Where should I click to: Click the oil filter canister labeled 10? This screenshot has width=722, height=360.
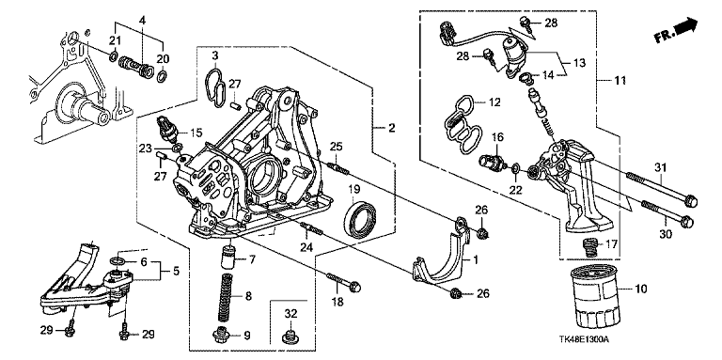pos(596,295)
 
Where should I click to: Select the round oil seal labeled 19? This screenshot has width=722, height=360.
pos(361,215)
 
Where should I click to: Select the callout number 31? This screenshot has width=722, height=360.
pos(661,169)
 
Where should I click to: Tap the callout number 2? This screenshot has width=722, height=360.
pos(391,128)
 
